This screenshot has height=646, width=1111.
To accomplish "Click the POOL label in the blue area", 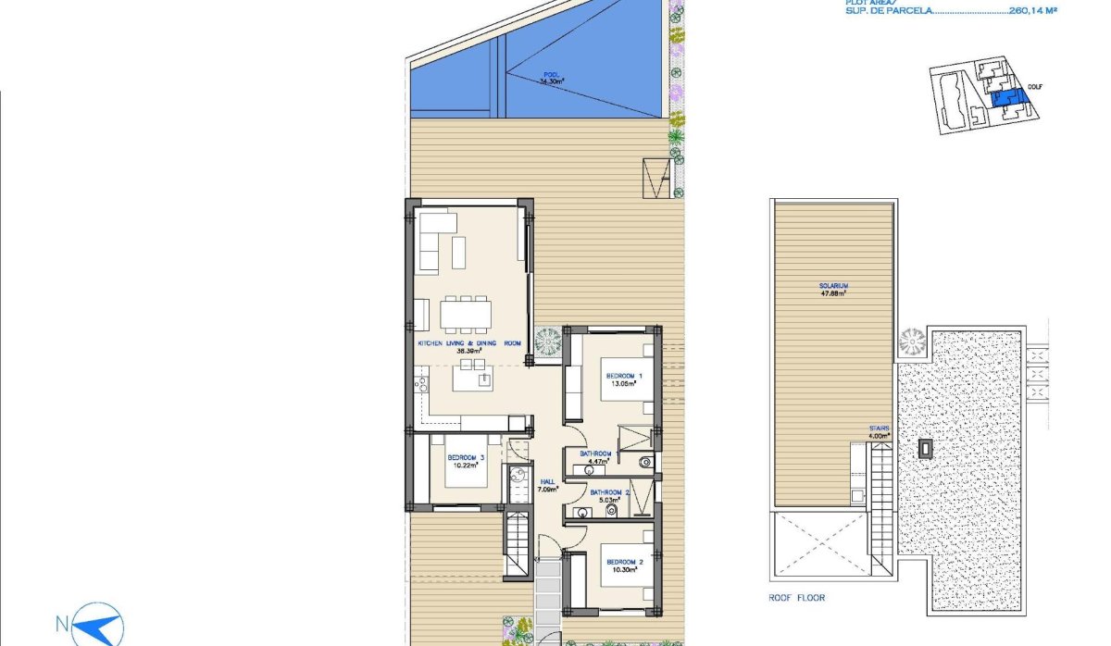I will pos(552,79).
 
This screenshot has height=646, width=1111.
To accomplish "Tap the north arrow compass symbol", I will pos(98,624).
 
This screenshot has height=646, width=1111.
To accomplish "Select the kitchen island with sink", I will pos(472,379).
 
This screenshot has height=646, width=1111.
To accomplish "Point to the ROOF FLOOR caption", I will pos(796,598).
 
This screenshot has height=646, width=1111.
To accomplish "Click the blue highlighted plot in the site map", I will pos(1004,99).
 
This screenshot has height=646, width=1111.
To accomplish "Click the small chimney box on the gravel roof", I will pos(925,448).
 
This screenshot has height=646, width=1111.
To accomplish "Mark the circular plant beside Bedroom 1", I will pos(547,341).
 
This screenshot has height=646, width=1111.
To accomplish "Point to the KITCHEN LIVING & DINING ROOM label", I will pos(469,344).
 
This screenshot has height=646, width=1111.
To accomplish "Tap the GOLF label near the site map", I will pos(1035,88).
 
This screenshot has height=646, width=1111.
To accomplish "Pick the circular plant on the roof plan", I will pos(911,341).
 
